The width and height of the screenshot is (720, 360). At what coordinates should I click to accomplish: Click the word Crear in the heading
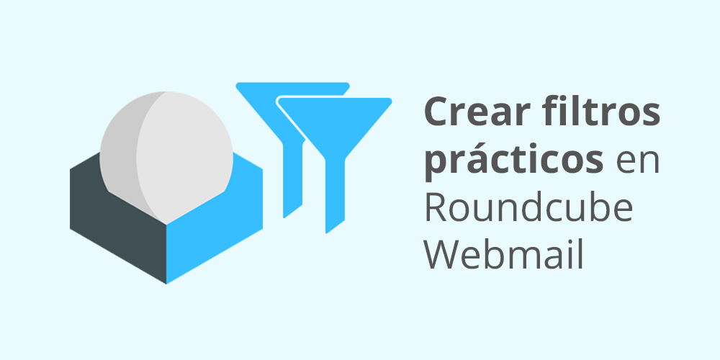[476, 112]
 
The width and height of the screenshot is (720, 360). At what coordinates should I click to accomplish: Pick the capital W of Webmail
[443, 255]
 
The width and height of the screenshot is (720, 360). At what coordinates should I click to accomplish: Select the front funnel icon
[335, 166]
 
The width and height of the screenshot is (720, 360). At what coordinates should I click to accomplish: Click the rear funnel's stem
[292, 179]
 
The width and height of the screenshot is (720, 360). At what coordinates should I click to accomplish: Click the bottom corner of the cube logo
[166, 284]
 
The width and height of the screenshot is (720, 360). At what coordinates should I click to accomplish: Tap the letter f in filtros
[549, 111]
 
